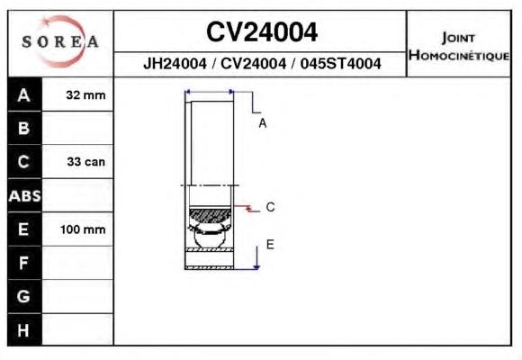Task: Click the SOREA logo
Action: pyautogui.click(x=60, y=41)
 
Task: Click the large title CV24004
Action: pyautogui.click(x=262, y=32)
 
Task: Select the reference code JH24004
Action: pyautogui.click(x=175, y=63)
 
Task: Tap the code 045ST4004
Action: pyautogui.click(x=340, y=63)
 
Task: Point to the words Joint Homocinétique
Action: pyautogui.click(x=459, y=47)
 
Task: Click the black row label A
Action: pyautogui.click(x=24, y=94)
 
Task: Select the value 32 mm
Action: pyautogui.click(x=85, y=95)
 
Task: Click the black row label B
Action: pyautogui.click(x=24, y=128)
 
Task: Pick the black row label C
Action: pyautogui.click(x=24, y=161)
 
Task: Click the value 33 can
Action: pyautogui.click(x=85, y=162)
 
